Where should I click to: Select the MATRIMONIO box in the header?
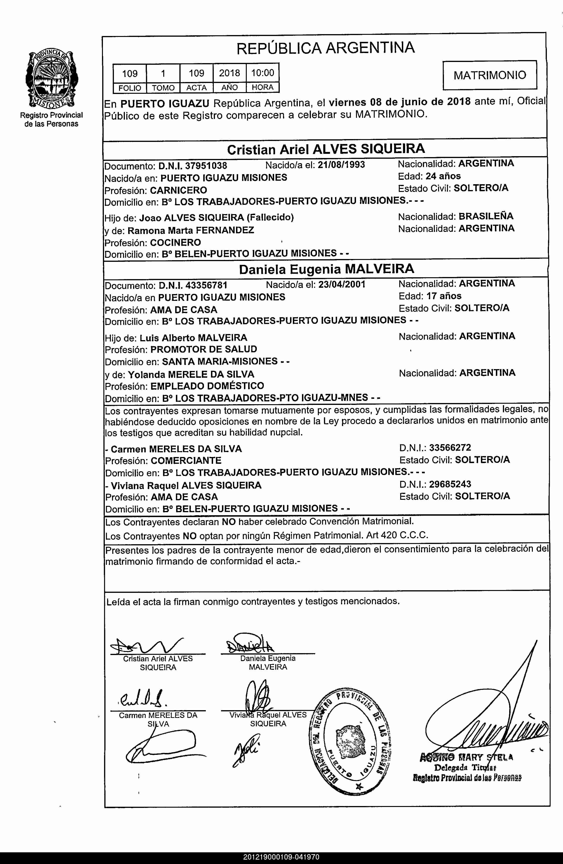[490, 75]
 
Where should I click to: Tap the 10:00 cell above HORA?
[263, 73]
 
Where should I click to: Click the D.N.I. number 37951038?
[206, 166]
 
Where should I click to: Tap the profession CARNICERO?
[178, 190]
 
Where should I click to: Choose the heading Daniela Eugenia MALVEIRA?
[326, 269]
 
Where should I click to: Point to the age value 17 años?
[444, 296]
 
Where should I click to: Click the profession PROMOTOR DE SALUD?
[204, 349]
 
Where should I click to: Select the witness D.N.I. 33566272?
[450, 448]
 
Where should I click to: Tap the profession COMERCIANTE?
[186, 461]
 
